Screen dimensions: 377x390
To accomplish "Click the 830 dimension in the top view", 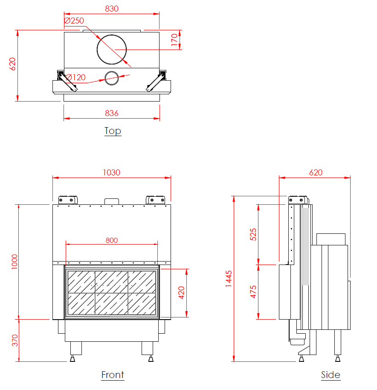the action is pyautogui.click(x=112, y=9).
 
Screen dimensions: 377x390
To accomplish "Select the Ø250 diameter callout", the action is pyautogui.click(x=74, y=20).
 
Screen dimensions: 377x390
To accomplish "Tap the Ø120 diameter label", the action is pyautogui.click(x=75, y=77).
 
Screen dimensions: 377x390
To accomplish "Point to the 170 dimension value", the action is pyautogui.click(x=174, y=40).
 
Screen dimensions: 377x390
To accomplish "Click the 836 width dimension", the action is pyautogui.click(x=112, y=114).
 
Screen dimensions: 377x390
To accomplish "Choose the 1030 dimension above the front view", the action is pyautogui.click(x=112, y=173).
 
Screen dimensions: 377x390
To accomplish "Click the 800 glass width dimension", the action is pyautogui.click(x=112, y=240).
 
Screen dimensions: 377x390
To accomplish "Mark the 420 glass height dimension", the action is pyautogui.click(x=182, y=293).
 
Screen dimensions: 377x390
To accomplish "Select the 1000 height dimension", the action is pyautogui.click(x=14, y=262).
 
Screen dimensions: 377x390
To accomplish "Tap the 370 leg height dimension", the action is pyautogui.click(x=15, y=341).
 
